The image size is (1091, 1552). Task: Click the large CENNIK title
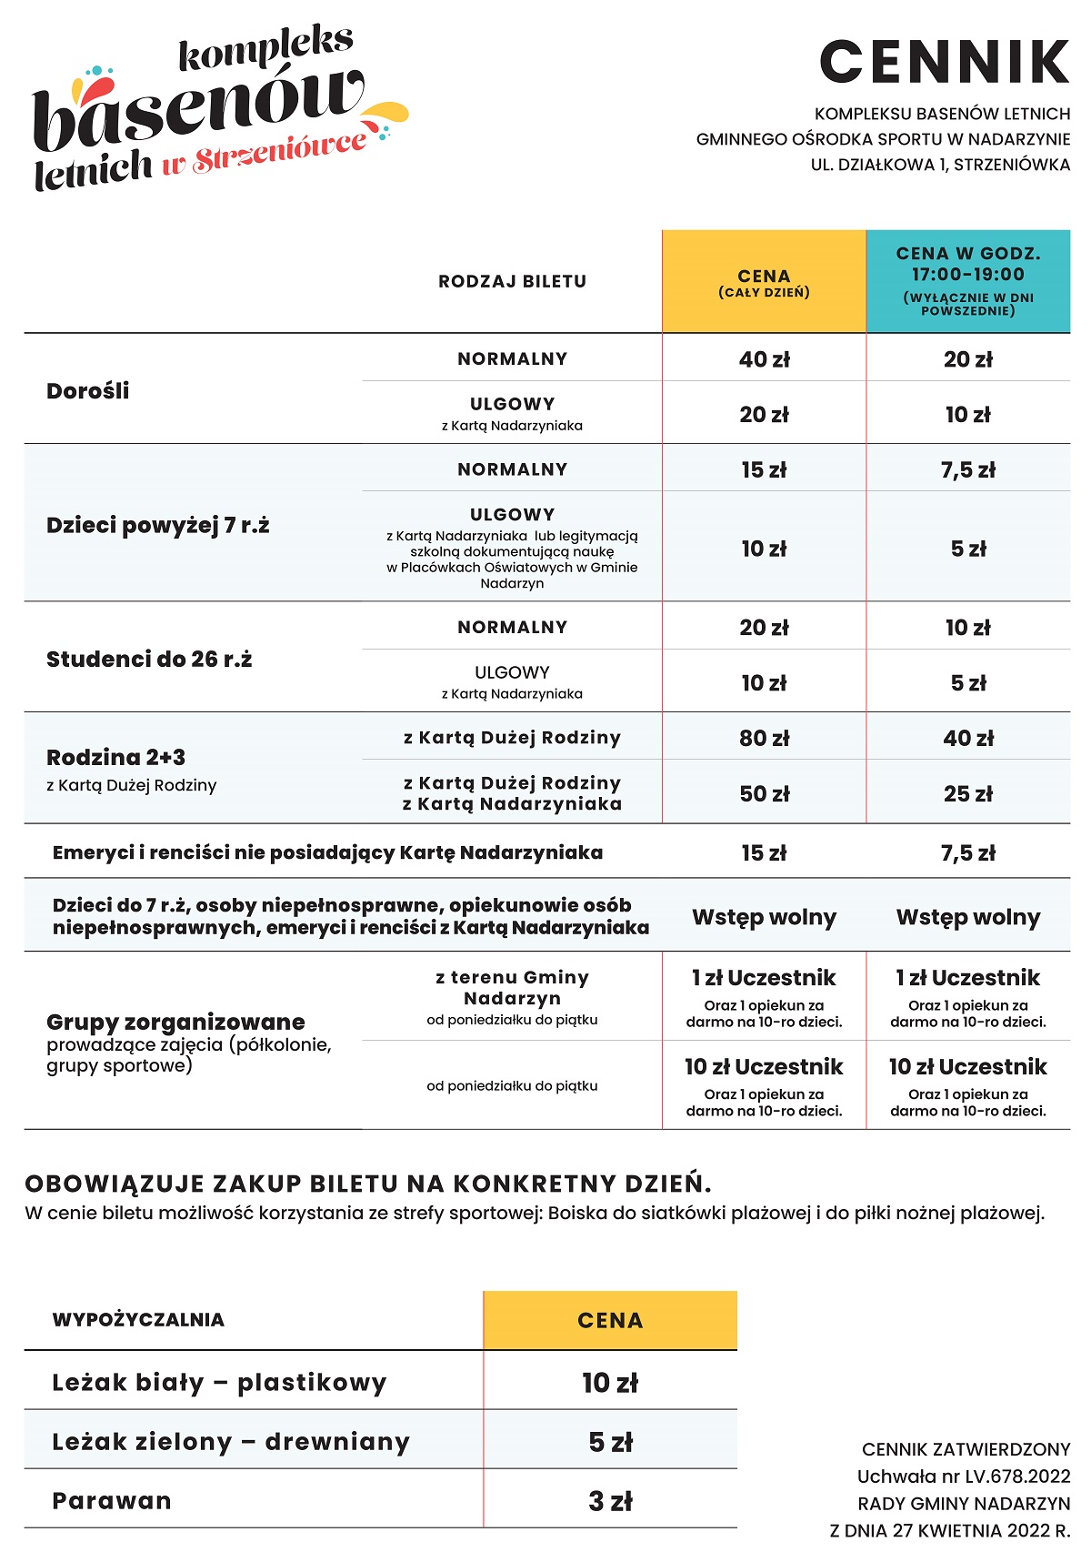945,62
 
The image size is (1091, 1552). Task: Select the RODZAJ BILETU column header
512,282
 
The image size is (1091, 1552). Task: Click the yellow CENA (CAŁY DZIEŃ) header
764,282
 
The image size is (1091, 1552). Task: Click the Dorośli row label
88,391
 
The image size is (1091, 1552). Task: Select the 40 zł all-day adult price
764,359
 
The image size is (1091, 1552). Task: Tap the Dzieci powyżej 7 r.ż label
157,526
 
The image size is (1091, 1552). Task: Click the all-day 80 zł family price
764,738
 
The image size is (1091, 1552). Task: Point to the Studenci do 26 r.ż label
149,660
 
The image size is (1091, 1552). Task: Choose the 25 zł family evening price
967,793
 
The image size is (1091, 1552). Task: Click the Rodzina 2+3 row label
116,758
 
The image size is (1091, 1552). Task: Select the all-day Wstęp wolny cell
764,917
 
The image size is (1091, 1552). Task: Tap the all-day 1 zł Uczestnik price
764,978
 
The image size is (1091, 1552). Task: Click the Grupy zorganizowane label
175,1022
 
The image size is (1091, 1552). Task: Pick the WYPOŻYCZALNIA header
138,1320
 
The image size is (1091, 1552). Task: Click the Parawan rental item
112,1500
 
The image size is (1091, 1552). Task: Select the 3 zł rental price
610,1501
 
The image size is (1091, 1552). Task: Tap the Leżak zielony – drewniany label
231,1442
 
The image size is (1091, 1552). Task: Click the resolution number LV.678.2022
1009,1476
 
